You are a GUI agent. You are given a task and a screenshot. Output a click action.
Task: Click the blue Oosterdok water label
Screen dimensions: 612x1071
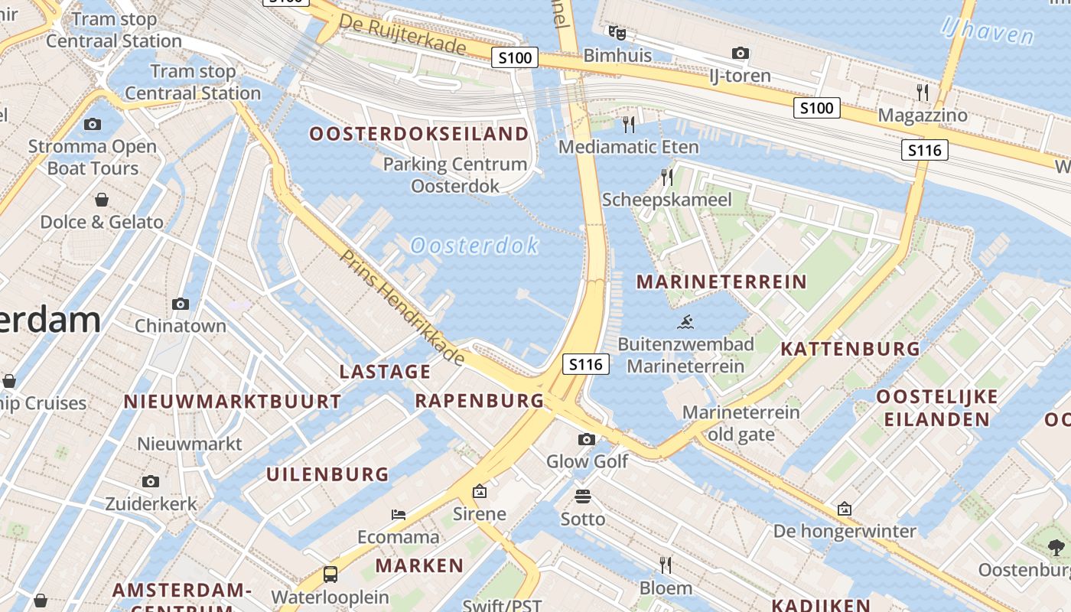pyautogui.click(x=474, y=246)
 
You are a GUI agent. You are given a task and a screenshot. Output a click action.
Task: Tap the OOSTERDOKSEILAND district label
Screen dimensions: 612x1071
pyautogui.click(x=418, y=134)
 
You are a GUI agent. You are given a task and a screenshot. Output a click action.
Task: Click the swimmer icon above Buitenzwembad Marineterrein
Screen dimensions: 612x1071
pyautogui.click(x=685, y=322)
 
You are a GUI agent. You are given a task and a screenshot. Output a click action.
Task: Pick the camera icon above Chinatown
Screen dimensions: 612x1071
pyautogui.click(x=181, y=304)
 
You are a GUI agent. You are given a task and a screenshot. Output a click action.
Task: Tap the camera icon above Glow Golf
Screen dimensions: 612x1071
pyautogui.click(x=587, y=439)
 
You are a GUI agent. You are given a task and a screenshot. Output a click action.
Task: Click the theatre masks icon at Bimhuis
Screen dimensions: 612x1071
pyautogui.click(x=617, y=33)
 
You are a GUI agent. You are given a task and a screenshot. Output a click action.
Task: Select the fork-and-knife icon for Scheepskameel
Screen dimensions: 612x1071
pyautogui.click(x=667, y=177)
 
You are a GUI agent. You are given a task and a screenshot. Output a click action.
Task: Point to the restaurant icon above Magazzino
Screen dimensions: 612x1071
pyautogui.click(x=923, y=93)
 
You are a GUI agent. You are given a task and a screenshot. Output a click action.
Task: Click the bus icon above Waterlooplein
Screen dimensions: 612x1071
pyautogui.click(x=330, y=574)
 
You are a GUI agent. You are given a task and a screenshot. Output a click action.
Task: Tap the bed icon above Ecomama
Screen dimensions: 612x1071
pyautogui.click(x=399, y=514)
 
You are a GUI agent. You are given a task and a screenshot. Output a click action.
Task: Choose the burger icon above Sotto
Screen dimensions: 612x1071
pyautogui.click(x=583, y=496)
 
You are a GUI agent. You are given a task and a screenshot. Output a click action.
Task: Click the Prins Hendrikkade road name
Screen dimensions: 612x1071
pyautogui.click(x=402, y=307)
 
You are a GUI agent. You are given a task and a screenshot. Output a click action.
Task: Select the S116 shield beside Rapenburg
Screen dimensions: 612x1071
pyautogui.click(x=586, y=364)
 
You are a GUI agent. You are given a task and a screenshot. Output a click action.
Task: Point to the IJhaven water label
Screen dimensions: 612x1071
pyautogui.click(x=988, y=31)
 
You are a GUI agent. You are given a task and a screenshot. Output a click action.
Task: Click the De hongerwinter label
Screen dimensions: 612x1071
pyautogui.click(x=845, y=531)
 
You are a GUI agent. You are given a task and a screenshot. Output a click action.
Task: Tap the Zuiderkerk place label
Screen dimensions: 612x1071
pyautogui.click(x=151, y=504)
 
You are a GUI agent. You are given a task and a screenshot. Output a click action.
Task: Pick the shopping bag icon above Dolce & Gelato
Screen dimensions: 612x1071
pyautogui.click(x=101, y=200)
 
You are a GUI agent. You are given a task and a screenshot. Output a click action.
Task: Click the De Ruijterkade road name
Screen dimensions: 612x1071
pyautogui.click(x=402, y=34)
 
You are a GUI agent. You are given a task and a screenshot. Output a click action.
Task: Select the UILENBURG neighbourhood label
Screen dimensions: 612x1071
pyautogui.click(x=327, y=474)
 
